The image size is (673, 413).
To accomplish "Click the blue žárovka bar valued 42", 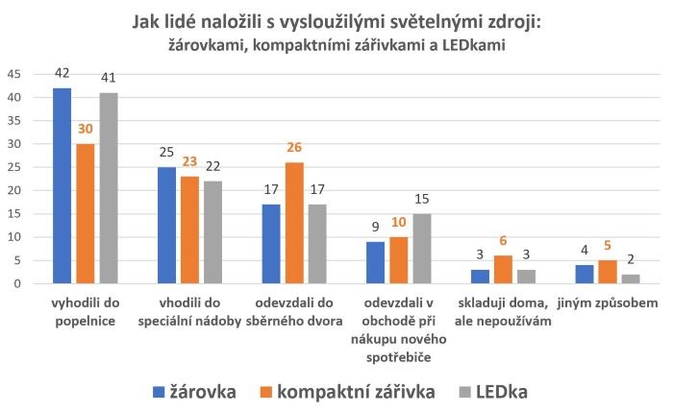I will pyautogui.click(x=62, y=185).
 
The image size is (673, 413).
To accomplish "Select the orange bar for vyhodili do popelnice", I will pyautogui.click(x=84, y=213).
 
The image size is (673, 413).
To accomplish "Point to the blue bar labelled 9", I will pyautogui.click(x=377, y=262).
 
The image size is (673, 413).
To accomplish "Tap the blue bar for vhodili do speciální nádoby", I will pyautogui.click(x=167, y=225).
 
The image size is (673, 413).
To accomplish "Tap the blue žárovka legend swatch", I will pyautogui.click(x=159, y=392).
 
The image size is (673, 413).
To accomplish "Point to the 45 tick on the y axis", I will pyautogui.click(x=14, y=74).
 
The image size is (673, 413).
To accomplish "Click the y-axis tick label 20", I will pyautogui.click(x=14, y=190).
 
